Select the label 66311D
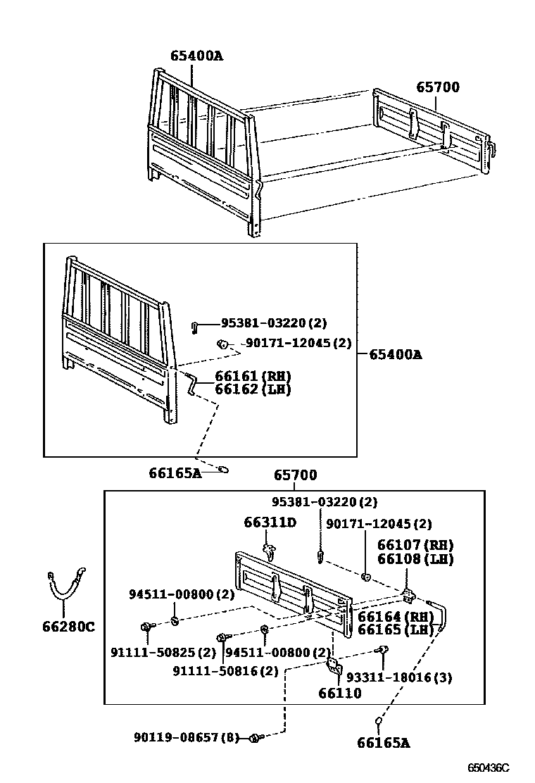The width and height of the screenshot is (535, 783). point(270,522)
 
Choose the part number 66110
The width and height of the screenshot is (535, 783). point(340,694)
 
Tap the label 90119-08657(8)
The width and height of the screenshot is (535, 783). point(187,737)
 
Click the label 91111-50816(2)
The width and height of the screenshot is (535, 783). point(226,671)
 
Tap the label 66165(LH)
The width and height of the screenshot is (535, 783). point(396,629)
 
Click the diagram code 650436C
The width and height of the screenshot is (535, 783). point(489,768)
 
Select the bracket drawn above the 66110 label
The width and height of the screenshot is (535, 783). point(334,665)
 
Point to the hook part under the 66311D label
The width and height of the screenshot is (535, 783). point(268,550)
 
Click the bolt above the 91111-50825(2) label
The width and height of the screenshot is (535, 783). point(146,626)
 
